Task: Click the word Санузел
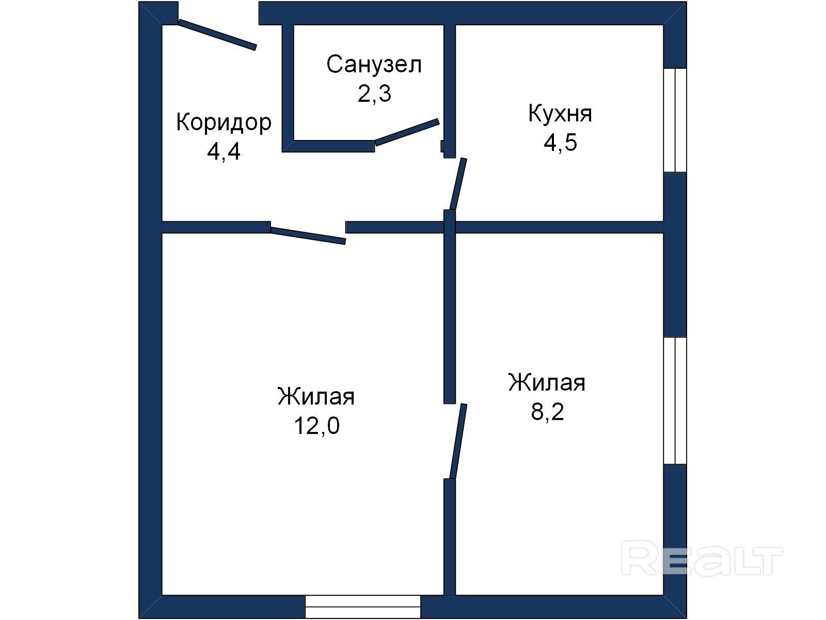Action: click(x=374, y=65)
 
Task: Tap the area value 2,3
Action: click(x=374, y=94)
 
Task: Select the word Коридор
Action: click(x=224, y=123)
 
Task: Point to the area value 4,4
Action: click(x=224, y=152)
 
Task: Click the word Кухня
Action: click(x=560, y=113)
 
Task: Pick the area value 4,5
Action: click(x=560, y=143)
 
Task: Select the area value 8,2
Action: click(x=547, y=411)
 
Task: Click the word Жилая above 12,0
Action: click(x=316, y=396)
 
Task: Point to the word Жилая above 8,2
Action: click(x=547, y=382)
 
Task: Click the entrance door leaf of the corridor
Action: click(x=217, y=35)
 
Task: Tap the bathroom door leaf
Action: click(x=407, y=132)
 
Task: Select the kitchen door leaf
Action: click(x=458, y=184)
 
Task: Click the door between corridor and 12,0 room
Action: click(x=308, y=236)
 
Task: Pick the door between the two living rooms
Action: click(x=458, y=441)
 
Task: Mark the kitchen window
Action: click(x=675, y=120)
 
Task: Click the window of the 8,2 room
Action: click(x=675, y=400)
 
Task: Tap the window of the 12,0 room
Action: click(x=363, y=607)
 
